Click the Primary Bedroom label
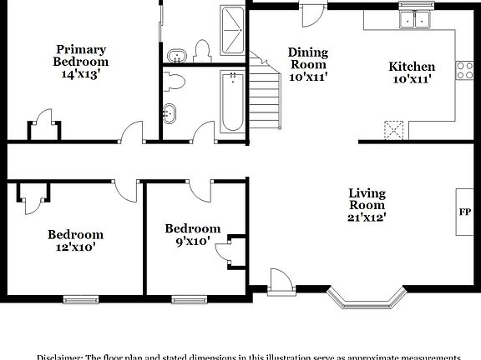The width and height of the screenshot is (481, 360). pyautogui.click(x=81, y=55)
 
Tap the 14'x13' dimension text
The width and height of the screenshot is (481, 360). pyautogui.click(x=81, y=74)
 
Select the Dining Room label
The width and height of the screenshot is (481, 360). pyautogui.click(x=308, y=57)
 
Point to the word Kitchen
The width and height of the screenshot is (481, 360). pyautogui.click(x=412, y=67)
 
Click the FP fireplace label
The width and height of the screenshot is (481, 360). pyautogui.click(x=464, y=211)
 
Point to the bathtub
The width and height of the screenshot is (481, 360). pyautogui.click(x=231, y=102)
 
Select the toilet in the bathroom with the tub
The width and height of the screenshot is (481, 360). pyautogui.click(x=175, y=81)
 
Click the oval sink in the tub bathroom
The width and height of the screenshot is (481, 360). pyautogui.click(x=170, y=112)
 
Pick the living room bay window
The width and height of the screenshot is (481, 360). pyautogui.click(x=367, y=297)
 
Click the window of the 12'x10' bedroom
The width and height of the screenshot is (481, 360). pyautogui.click(x=80, y=297)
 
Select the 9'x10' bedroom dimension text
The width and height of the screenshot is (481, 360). pyautogui.click(x=192, y=242)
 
